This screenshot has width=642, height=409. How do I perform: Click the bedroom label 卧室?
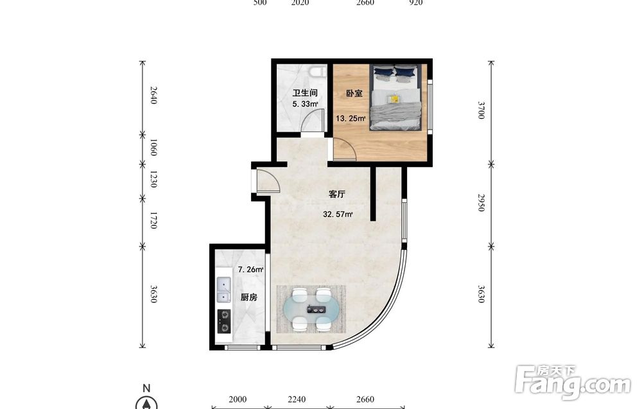(354, 93)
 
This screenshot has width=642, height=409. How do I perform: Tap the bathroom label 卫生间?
(304, 93)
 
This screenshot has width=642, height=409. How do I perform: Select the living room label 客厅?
(337, 194)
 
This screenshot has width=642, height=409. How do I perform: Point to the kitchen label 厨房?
(249, 297)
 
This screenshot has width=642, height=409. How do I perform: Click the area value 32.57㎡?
(338, 214)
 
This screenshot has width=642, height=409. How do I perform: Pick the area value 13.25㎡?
(351, 119)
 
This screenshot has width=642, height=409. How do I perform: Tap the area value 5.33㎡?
(305, 104)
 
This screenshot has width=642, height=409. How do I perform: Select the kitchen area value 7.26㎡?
(250, 270)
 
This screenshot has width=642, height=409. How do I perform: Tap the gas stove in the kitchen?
(223, 321)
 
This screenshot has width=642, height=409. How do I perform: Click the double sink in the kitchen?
(223, 290)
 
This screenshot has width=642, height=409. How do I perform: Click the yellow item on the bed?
(394, 99)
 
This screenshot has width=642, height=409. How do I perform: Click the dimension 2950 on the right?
(481, 203)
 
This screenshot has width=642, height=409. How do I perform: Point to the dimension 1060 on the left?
(153, 148)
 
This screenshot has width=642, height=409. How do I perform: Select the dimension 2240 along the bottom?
(297, 399)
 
